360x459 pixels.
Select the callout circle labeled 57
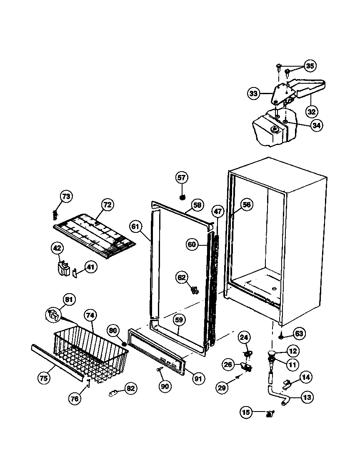click(182, 178)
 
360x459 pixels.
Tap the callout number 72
click(107, 205)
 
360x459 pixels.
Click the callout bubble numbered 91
click(197, 379)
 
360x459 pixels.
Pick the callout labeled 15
click(246, 412)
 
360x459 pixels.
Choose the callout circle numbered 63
click(299, 333)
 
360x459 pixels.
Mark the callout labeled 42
click(57, 249)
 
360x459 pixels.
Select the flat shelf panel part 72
click(94, 234)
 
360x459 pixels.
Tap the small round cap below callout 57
click(182, 197)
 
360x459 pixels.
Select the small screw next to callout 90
click(159, 369)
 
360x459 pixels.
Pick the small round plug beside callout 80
click(124, 343)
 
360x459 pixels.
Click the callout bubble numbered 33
click(253, 94)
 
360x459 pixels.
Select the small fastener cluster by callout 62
click(194, 289)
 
